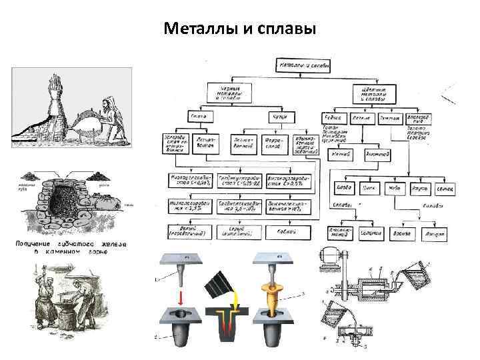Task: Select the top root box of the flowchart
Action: [301, 65]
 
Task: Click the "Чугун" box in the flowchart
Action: [277, 117]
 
